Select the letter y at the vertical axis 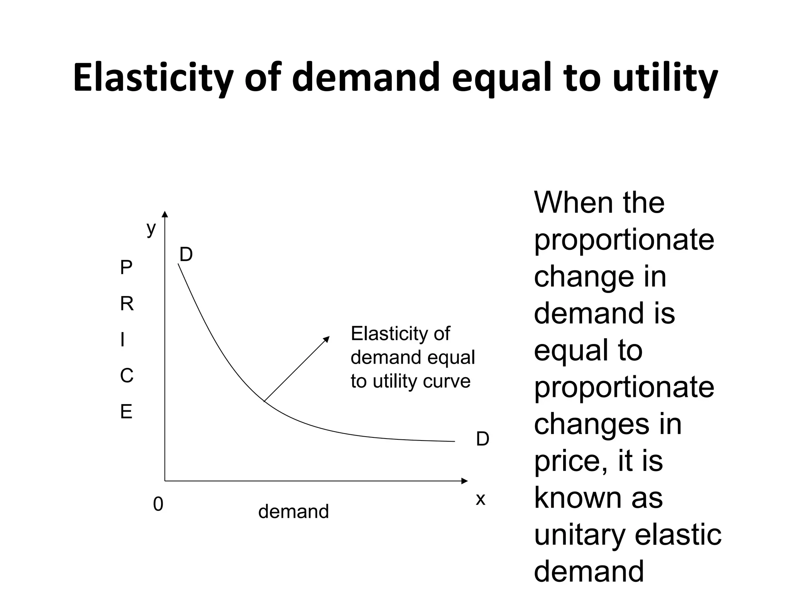tap(151, 229)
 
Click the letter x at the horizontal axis tap(480, 499)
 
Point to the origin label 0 tap(158, 504)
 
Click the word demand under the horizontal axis tap(294, 512)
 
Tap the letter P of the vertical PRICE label tap(126, 268)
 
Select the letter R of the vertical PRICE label tap(127, 304)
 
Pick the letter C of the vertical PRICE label tap(127, 376)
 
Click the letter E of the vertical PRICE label tap(126, 412)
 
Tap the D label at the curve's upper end tap(186, 255)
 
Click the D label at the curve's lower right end tap(482, 439)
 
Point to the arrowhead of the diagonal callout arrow tap(327, 339)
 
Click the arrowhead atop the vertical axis tap(165, 214)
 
